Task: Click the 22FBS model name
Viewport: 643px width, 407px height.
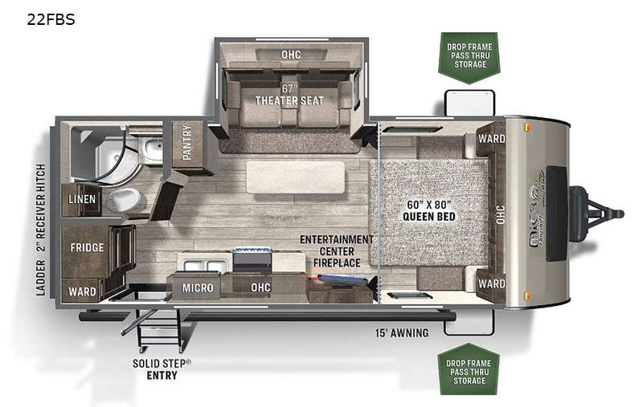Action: (x=51, y=19)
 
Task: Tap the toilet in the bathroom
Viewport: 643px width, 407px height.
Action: (x=124, y=200)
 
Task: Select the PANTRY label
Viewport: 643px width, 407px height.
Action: (x=187, y=143)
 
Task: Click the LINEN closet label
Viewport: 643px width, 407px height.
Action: (x=82, y=199)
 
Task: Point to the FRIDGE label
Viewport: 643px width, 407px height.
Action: (x=87, y=248)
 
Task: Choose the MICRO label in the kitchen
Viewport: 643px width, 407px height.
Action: (x=198, y=288)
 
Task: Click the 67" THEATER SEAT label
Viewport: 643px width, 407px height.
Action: (x=289, y=95)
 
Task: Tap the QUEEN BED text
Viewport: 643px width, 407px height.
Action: (x=429, y=216)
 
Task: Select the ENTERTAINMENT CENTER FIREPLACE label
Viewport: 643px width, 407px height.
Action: (x=337, y=251)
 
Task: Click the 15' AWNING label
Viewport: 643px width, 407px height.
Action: (x=402, y=333)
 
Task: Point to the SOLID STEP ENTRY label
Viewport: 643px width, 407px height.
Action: (x=162, y=369)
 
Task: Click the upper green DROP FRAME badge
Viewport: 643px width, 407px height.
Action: (x=469, y=57)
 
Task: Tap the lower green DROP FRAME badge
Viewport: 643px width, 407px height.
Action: (x=469, y=369)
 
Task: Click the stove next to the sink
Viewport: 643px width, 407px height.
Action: (x=252, y=259)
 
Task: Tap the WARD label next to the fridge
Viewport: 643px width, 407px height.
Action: (x=82, y=291)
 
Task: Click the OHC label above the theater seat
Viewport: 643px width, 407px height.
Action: (x=291, y=55)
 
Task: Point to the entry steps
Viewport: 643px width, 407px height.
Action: (x=158, y=330)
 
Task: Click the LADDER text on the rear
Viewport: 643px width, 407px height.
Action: (x=40, y=278)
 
